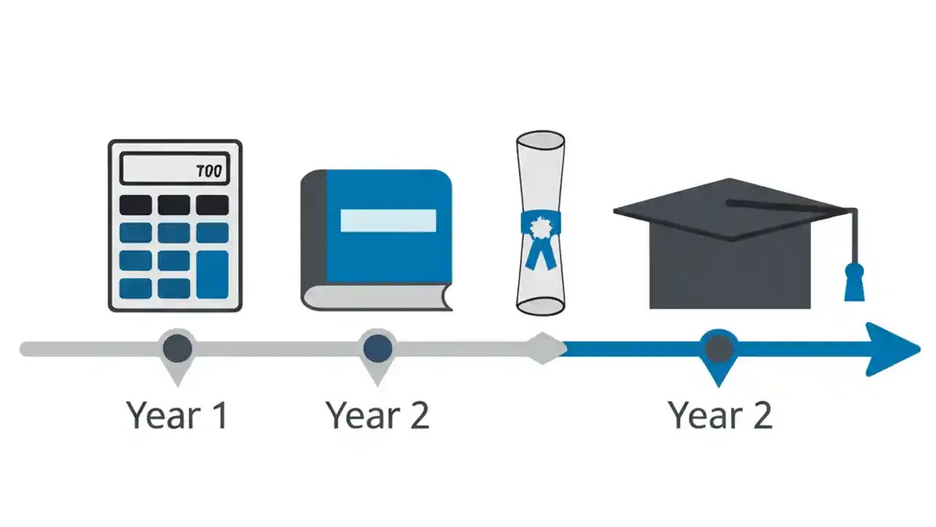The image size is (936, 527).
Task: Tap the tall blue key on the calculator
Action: tap(212, 274)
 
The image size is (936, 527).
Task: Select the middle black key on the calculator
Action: tap(174, 204)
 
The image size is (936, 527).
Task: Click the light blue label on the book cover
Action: tap(388, 220)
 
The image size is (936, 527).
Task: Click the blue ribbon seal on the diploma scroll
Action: tap(540, 233)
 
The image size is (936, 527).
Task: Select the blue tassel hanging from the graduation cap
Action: tap(853, 282)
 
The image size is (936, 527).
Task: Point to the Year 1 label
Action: tap(177, 414)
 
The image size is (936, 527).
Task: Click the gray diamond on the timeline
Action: tap(543, 348)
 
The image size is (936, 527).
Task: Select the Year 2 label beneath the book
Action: tap(377, 414)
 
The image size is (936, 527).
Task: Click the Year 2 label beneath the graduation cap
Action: tap(720, 414)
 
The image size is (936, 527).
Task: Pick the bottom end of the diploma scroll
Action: tap(540, 305)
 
